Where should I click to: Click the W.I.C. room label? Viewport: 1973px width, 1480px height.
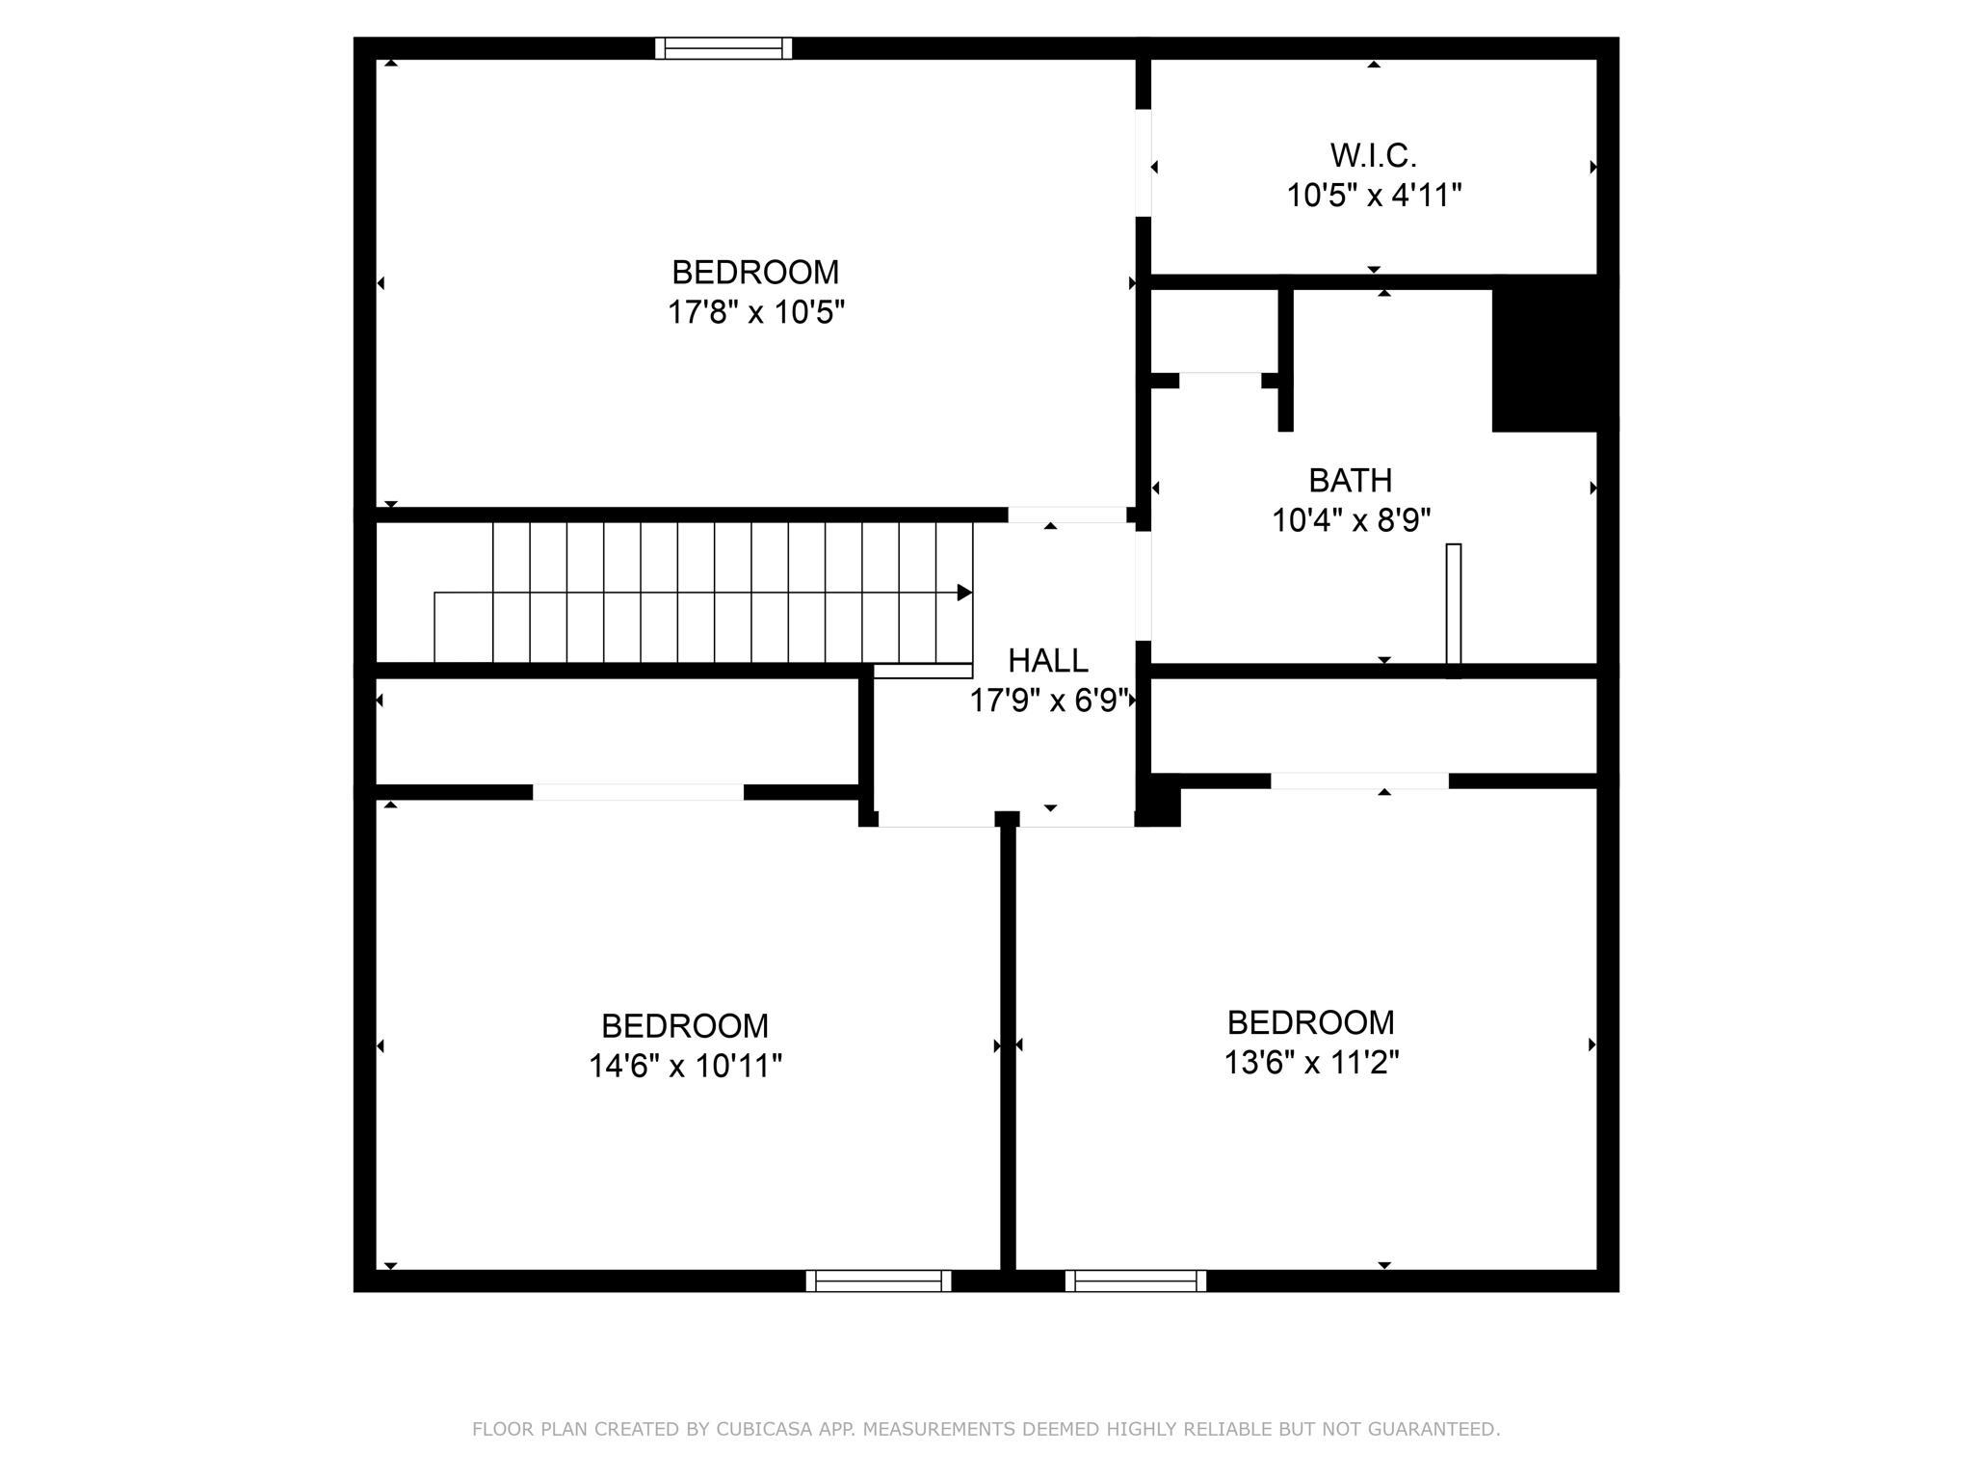click(x=1373, y=155)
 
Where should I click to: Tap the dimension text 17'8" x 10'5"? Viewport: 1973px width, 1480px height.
click(x=756, y=312)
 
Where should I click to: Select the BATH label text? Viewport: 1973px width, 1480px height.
click(x=1350, y=480)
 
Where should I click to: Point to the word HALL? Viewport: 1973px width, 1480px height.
click(x=1048, y=660)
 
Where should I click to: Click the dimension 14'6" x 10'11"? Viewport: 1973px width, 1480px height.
click(x=685, y=1066)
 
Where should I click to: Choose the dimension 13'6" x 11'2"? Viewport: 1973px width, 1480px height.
click(x=1311, y=1062)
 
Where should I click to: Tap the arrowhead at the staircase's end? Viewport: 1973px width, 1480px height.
click(x=964, y=593)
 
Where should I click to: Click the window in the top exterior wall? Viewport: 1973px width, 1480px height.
click(x=723, y=48)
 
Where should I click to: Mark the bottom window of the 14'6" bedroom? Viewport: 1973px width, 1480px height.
click(x=879, y=1281)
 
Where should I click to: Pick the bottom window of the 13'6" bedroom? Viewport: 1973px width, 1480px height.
click(x=1136, y=1281)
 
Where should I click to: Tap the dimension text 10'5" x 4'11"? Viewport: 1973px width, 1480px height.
click(x=1374, y=196)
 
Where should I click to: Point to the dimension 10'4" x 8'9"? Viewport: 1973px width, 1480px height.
click(x=1351, y=520)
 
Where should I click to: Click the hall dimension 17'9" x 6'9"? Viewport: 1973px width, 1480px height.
click(x=1049, y=700)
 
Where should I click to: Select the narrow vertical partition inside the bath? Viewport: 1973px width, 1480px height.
click(x=1454, y=611)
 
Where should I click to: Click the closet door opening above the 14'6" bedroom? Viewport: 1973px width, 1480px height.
click(x=638, y=792)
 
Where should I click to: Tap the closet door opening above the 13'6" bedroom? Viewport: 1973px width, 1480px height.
click(x=1359, y=781)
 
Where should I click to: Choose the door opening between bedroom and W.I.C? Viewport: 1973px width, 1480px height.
click(x=1144, y=163)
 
